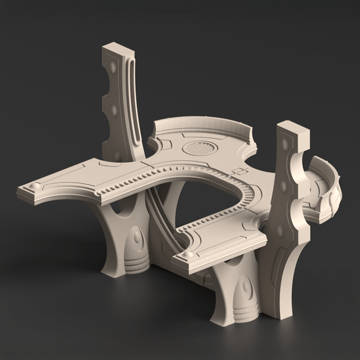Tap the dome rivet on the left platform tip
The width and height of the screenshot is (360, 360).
pyautogui.click(x=34, y=185)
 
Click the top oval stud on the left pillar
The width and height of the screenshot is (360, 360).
pyautogui.click(x=113, y=67)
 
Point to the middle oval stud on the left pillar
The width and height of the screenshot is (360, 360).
pyautogui.click(x=114, y=110)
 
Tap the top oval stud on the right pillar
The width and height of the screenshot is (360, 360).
pyautogui.click(x=284, y=144)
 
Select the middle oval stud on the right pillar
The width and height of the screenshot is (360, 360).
pyautogui.click(x=283, y=186)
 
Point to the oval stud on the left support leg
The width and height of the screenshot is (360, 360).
pyautogui.click(x=137, y=237)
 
